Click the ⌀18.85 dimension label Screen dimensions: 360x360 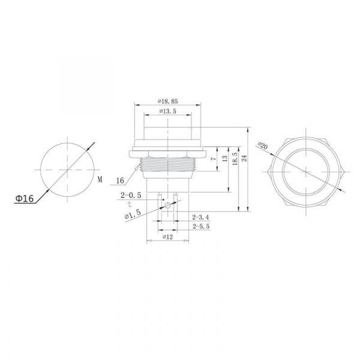[x=167, y=101]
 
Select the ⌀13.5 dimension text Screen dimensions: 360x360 [x=168, y=112]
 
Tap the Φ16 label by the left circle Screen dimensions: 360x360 [x=25, y=198]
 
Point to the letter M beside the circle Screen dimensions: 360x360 [x=100, y=179]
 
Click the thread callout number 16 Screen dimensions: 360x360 [x=120, y=181]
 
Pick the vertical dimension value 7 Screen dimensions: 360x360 [x=214, y=158]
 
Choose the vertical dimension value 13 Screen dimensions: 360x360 [x=225, y=158]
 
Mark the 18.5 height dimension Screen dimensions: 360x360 [x=235, y=159]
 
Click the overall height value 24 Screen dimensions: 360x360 [x=244, y=158]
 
